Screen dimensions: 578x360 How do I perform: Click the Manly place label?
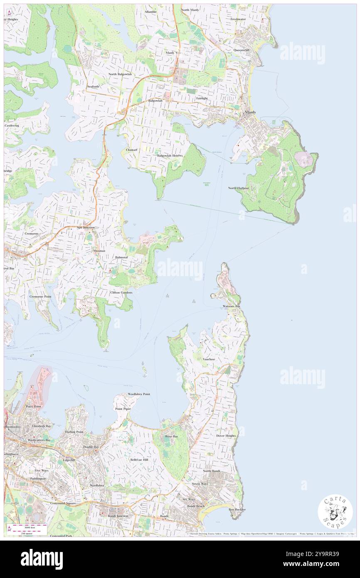tap(251, 112)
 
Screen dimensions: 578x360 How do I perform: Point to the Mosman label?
tap(99, 251)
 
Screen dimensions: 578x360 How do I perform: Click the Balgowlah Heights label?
tap(170, 156)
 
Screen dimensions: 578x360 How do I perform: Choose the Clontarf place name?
tap(131, 150)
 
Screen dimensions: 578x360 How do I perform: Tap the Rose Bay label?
tap(171, 437)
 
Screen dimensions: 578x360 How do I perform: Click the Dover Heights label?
tap(226, 436)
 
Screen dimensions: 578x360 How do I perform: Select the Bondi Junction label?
tap(117, 516)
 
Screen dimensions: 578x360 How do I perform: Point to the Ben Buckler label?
tap(237, 509)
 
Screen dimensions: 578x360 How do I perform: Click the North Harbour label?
tap(238, 188)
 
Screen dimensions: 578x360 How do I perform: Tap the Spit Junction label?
tap(86, 227)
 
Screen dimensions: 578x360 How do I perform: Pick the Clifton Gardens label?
tap(121, 293)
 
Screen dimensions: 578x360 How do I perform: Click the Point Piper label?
tap(123, 409)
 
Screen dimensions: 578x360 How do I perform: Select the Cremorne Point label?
tap(40, 296)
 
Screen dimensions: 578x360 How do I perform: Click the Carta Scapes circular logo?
tap(335, 512)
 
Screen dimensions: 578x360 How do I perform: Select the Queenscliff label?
tap(242, 50)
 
